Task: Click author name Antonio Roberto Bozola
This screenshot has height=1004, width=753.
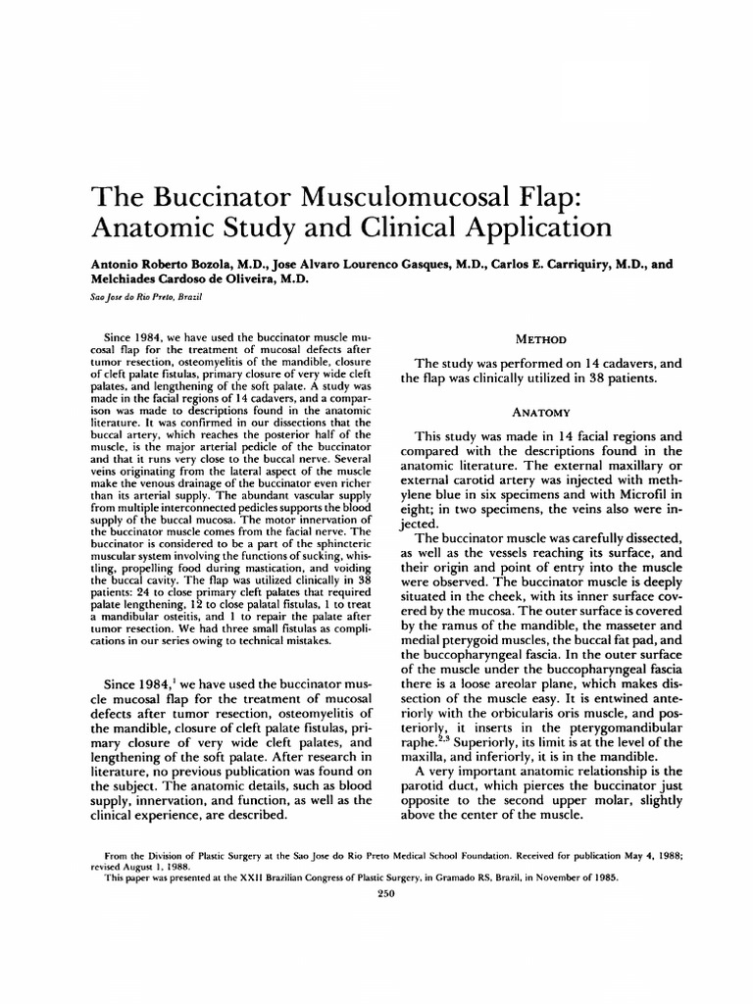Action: pyautogui.click(x=156, y=264)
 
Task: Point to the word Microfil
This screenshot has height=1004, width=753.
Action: pyautogui.click(x=632, y=494)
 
